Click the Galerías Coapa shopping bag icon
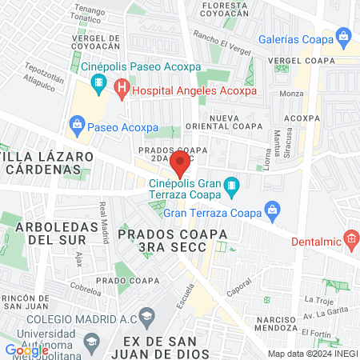[x=344, y=36]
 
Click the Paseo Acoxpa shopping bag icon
[x=77, y=124]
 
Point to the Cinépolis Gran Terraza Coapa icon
[x=230, y=186]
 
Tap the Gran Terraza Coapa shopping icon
[x=272, y=212]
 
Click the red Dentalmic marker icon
[x=350, y=238]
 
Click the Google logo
[x=26, y=350]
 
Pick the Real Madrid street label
[x=103, y=221]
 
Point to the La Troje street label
[x=318, y=300]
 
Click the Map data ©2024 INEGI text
[x=312, y=354]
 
